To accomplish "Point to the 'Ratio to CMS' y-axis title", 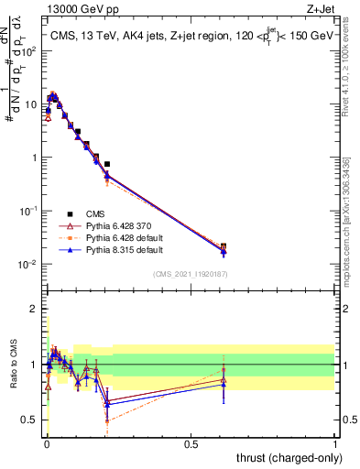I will click(14, 366).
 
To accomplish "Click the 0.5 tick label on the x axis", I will click(191, 442).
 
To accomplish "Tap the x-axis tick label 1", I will click(335, 442).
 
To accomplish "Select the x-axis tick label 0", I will click(47, 442).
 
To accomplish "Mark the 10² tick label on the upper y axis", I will click(31, 50).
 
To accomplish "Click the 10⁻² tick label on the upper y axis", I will click(31, 265).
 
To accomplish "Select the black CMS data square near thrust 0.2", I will click(107, 164).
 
